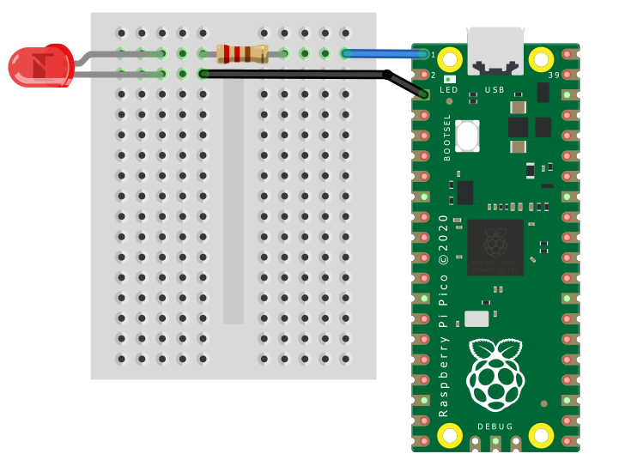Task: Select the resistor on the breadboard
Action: click(x=242, y=54)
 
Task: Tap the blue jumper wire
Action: click(x=386, y=54)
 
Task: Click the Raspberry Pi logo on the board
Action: click(x=495, y=374)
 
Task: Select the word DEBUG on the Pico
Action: click(x=495, y=427)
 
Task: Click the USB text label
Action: click(x=495, y=89)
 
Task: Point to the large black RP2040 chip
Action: click(x=495, y=246)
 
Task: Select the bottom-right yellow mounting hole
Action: click(x=542, y=436)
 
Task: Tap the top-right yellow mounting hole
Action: click(x=542, y=58)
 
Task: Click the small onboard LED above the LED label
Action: click(x=449, y=79)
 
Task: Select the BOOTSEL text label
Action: click(x=447, y=137)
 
